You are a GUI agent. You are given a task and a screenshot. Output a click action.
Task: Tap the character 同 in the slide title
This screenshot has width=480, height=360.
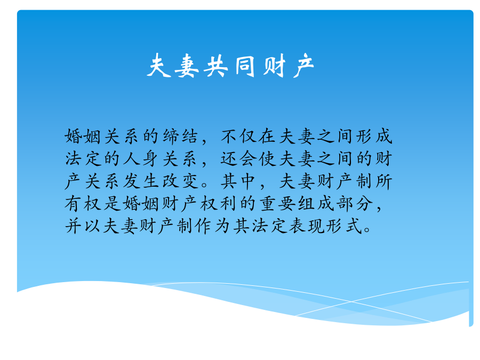coord(245,66)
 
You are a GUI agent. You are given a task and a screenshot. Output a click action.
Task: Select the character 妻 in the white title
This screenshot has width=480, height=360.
coord(187,66)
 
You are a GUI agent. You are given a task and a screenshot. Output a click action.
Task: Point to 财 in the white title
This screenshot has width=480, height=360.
coord(274,66)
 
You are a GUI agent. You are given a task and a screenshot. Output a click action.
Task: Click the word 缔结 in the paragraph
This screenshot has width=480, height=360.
coord(180,137)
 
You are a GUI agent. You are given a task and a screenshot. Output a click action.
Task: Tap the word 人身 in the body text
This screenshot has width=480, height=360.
coord(141,159)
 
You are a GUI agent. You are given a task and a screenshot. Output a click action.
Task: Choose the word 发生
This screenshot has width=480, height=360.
coord(141,181)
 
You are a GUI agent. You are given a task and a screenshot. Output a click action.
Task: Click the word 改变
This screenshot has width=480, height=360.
coord(180,181)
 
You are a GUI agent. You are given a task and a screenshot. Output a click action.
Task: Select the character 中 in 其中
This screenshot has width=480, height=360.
coord(247,181)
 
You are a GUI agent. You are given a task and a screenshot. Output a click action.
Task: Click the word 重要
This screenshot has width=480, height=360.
coord(277,204)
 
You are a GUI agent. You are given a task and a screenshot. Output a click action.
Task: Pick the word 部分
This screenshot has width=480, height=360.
coord(355,204)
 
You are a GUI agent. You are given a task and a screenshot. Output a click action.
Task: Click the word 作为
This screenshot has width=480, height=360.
coord(212,227)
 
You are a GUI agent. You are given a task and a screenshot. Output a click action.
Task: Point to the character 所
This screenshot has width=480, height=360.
coord(384,181)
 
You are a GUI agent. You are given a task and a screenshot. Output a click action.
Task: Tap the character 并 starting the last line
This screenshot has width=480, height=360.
coord(73,227)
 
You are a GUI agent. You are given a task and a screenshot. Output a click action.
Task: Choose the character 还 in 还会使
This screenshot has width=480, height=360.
coord(229,159)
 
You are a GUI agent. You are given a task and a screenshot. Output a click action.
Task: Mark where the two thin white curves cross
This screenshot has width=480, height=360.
coord(351,301)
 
